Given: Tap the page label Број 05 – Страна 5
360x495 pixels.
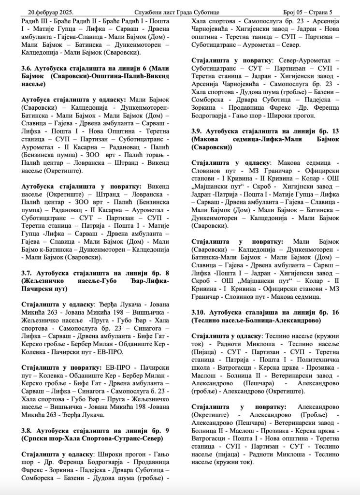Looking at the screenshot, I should (x=311, y=11).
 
